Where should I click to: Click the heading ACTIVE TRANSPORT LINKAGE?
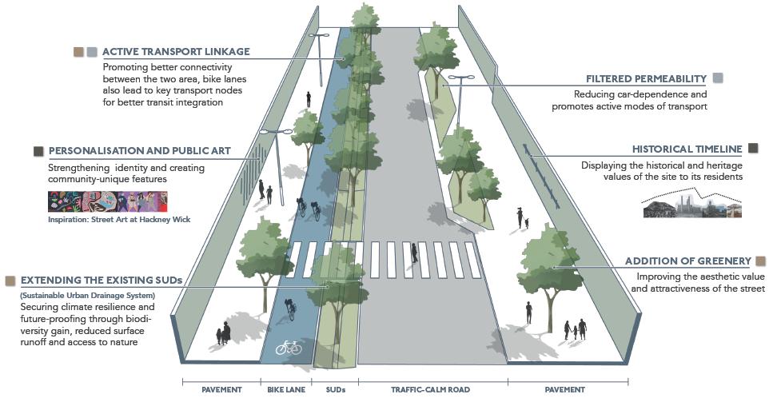[x=176, y=51]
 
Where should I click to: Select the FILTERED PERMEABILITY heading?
[x=646, y=79]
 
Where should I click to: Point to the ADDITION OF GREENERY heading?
[x=688, y=261]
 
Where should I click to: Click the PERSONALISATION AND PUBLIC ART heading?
[x=139, y=150]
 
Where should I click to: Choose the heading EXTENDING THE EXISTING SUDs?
[x=102, y=281]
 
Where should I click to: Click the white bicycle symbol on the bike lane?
[x=289, y=348]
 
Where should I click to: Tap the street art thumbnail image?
[x=108, y=202]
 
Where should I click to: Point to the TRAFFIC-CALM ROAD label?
[x=430, y=389]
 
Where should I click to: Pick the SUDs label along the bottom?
[x=337, y=389]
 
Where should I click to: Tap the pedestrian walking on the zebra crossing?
[x=414, y=253]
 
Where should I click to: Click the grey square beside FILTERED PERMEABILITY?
[x=718, y=78]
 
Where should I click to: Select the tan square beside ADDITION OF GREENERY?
[x=760, y=261]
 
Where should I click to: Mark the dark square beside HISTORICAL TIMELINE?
[x=752, y=149]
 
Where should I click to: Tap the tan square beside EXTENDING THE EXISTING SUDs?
[x=10, y=281]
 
